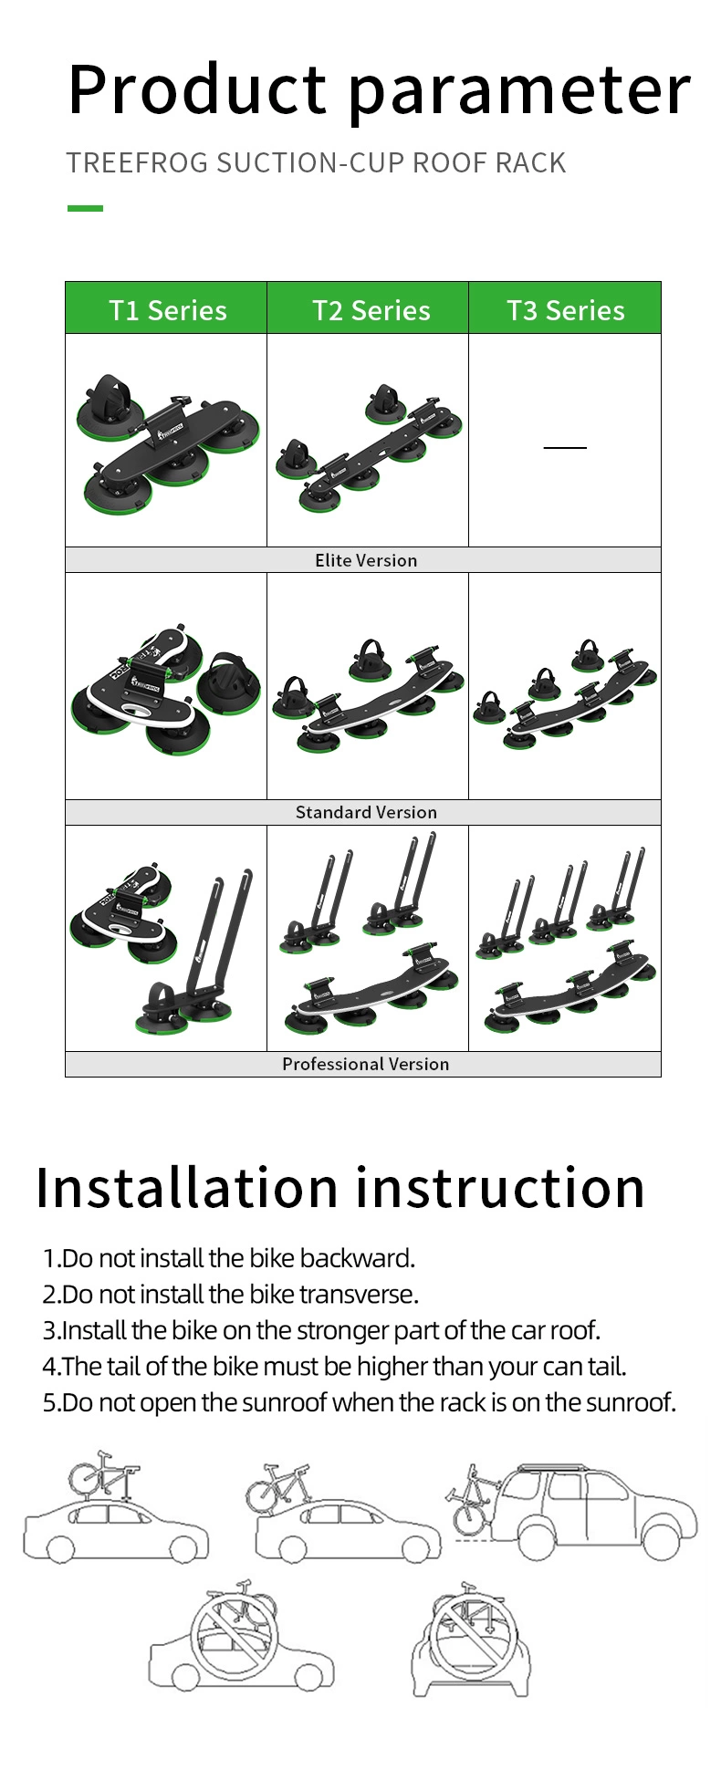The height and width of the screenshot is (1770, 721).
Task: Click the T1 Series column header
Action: point(167,310)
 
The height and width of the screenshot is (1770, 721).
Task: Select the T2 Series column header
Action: point(371,310)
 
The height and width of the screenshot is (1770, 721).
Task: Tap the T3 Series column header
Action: point(565,310)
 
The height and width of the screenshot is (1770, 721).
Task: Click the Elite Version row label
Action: point(365,560)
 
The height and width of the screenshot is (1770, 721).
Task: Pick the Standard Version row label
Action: point(365,812)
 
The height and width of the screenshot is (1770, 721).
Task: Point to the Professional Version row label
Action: point(365,1064)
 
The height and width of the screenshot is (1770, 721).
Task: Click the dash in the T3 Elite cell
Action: point(565,447)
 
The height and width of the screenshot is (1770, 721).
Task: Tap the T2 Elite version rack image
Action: point(368,447)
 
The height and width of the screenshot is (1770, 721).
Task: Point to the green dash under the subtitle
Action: point(85,208)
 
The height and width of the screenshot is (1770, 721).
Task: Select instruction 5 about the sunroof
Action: point(360,1401)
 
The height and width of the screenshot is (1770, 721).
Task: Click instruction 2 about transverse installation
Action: point(231,1294)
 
